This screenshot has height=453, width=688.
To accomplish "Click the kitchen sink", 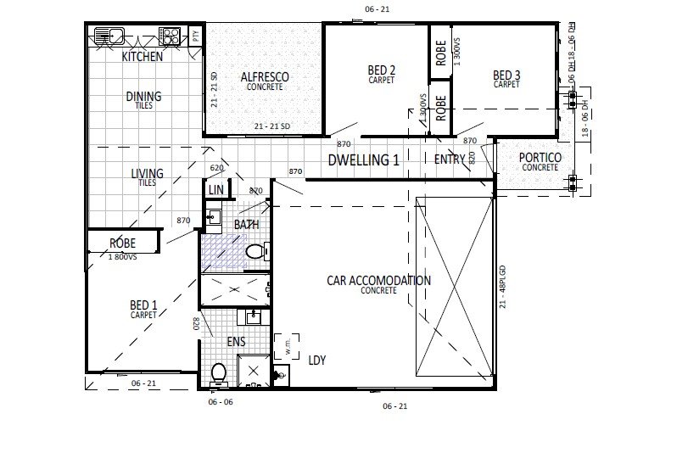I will [109, 36].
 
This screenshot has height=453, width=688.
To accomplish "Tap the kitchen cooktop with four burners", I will [171, 36].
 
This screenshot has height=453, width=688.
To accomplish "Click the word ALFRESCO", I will [265, 77].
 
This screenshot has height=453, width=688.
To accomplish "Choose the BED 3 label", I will [506, 75].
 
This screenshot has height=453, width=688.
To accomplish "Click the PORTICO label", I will [540, 158].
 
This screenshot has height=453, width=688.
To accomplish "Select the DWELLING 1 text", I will [363, 159].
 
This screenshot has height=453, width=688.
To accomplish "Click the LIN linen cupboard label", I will [215, 189].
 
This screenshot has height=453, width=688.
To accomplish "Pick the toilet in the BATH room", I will [255, 252].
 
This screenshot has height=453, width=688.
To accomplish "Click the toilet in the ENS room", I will [219, 372].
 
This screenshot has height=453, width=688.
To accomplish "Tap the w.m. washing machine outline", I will [287, 347].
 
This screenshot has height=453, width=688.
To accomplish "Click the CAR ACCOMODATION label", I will [378, 281].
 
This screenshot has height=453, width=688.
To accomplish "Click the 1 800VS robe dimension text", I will [123, 255].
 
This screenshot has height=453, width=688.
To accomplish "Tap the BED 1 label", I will [143, 305].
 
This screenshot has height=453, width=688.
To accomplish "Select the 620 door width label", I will [216, 168].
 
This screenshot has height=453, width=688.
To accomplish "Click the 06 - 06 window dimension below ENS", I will [221, 401].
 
